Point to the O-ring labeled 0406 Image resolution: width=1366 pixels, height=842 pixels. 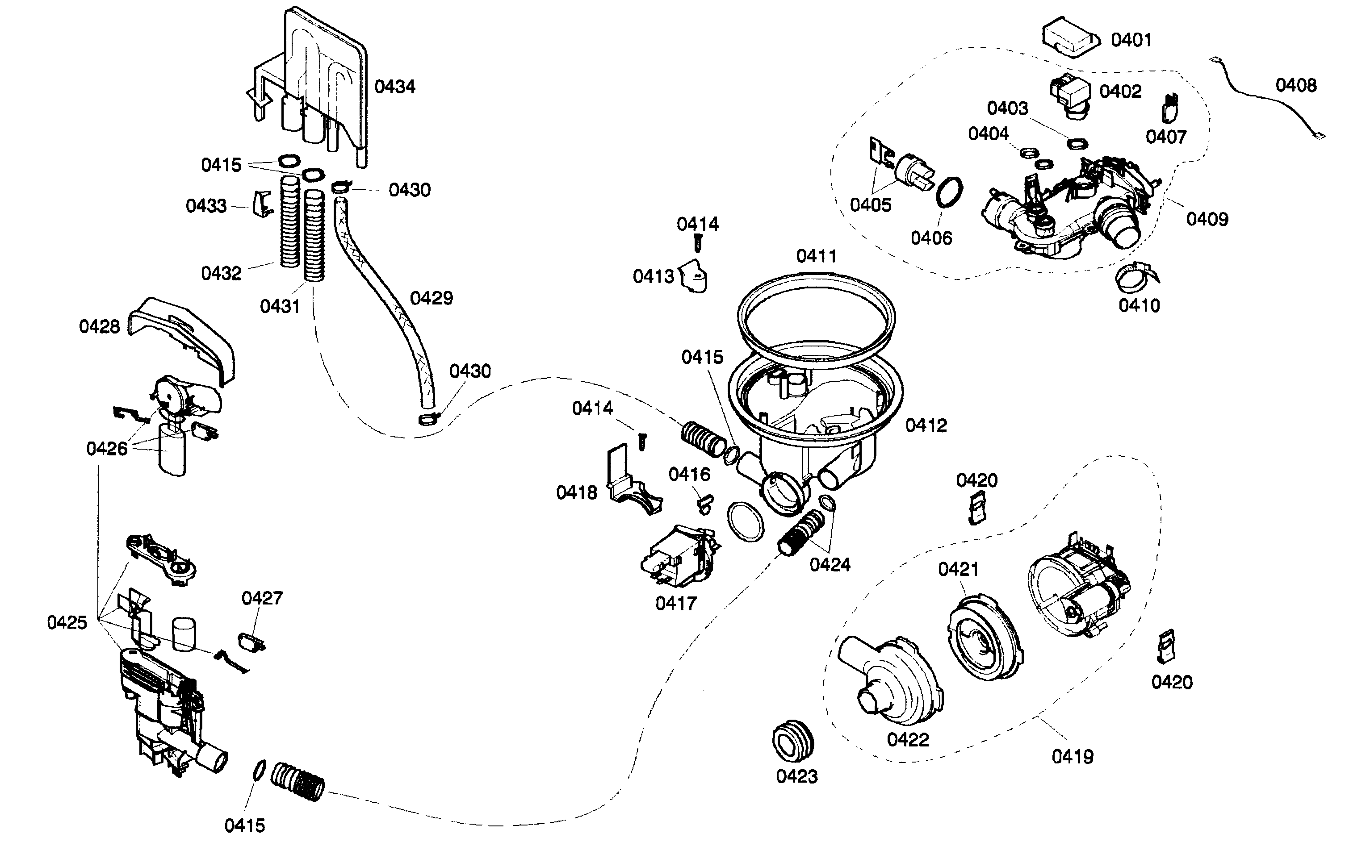coord(949,192)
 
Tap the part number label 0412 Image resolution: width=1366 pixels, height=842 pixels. coord(926,426)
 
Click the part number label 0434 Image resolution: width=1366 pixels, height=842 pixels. coord(394,87)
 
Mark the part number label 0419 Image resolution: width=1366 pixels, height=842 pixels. coord(1073,757)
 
